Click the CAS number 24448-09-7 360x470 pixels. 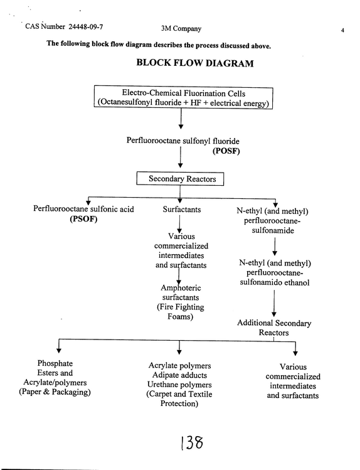pos(86,27)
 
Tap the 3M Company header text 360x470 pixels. pos(181,28)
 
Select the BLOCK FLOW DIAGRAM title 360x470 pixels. pos(195,63)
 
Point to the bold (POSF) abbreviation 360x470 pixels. pos(226,151)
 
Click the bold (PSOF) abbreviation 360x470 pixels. pos(83,219)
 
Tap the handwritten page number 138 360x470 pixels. pos(192,443)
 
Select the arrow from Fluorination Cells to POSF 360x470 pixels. pos(181,119)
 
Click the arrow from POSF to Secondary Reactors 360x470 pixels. pos(180,157)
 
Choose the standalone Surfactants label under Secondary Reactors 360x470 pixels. pos(182,209)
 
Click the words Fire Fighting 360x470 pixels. pos(181,307)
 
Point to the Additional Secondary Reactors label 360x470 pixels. pos(274,328)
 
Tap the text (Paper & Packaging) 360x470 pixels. pos(55,392)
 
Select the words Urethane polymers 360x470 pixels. pos(179,385)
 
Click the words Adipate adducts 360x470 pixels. pos(179,375)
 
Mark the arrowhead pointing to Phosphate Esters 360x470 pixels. pos(59,350)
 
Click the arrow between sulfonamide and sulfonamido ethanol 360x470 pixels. pos(275,247)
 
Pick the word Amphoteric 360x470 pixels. pos(181,288)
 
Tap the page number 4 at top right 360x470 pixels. pos(342,30)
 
